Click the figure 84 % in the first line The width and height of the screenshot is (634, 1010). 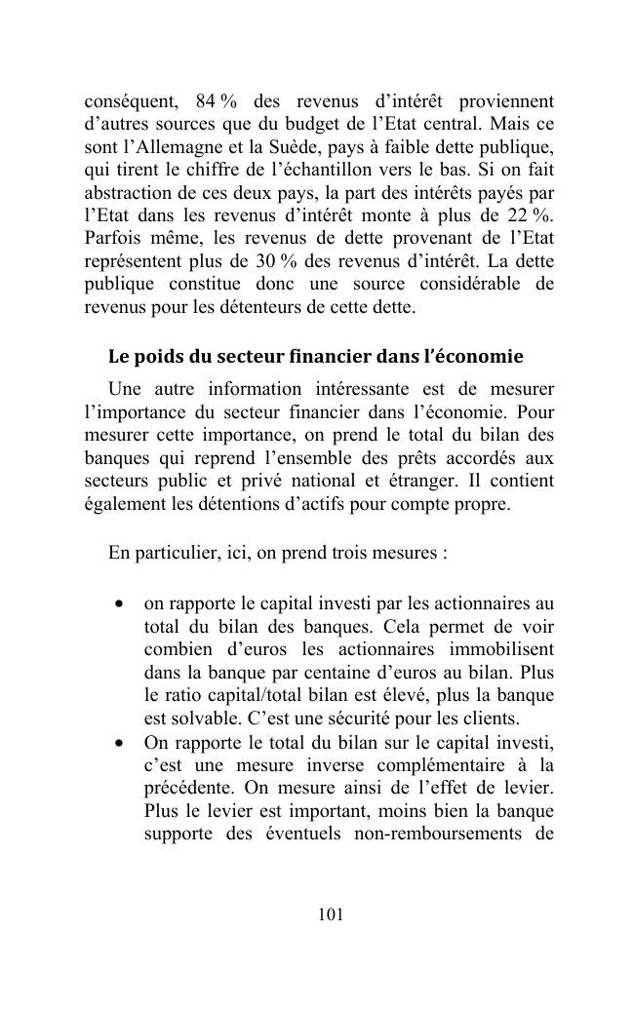(217, 101)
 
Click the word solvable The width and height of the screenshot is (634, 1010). (193, 719)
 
